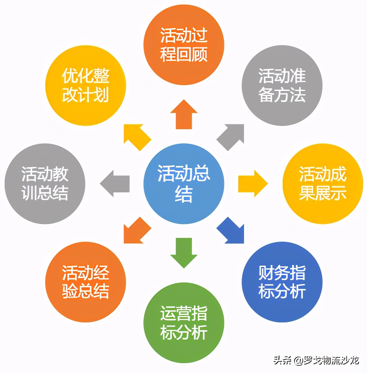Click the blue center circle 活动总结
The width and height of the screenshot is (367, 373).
click(183, 184)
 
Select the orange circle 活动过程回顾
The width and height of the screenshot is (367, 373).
click(183, 45)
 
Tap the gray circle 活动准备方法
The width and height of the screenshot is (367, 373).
click(282, 85)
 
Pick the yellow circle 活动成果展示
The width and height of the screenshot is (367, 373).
click(323, 184)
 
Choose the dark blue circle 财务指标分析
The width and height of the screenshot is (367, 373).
click(282, 282)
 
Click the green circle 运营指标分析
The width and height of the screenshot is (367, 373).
click(183, 323)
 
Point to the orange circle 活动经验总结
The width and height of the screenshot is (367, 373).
click(85, 282)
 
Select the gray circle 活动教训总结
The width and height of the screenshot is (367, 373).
click(45, 184)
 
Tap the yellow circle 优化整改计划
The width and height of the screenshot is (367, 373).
click(85, 85)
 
